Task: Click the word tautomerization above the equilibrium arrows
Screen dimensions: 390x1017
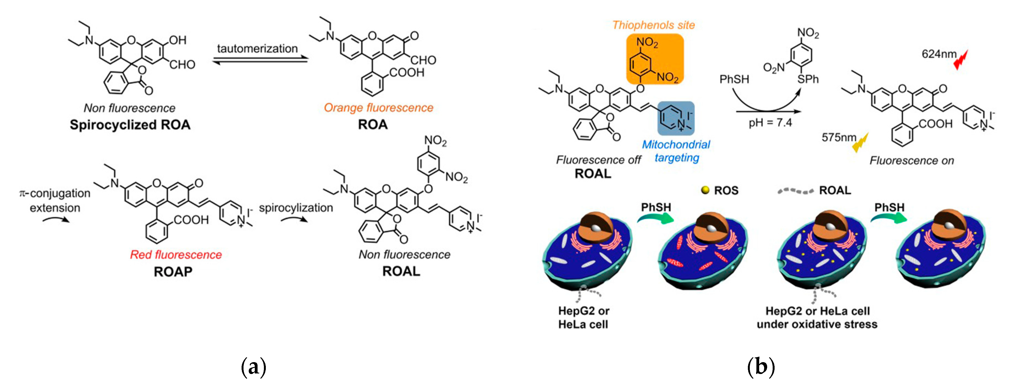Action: (257, 49)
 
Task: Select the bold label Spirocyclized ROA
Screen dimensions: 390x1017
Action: (130, 125)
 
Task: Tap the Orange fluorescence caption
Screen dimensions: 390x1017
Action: (378, 108)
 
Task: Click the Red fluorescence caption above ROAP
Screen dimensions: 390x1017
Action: (176, 255)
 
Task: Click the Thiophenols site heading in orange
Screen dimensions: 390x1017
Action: (653, 25)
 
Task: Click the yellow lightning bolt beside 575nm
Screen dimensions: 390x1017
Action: (861, 143)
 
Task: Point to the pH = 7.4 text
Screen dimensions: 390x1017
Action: (770, 123)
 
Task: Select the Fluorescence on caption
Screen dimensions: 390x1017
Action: (911, 161)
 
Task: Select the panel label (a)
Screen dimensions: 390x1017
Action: (253, 367)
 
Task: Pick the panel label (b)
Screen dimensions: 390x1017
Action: (761, 367)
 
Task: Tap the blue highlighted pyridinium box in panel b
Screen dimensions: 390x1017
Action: (675, 118)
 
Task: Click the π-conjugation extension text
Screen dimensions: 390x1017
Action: (55, 200)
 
